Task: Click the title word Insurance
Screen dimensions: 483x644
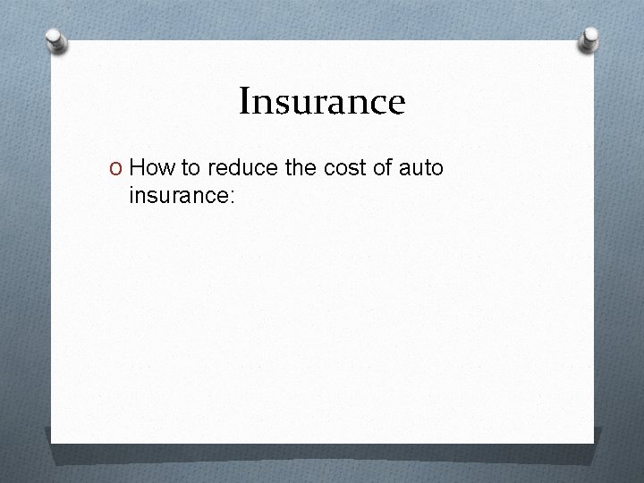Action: point(322,101)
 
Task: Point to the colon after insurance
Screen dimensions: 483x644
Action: point(232,195)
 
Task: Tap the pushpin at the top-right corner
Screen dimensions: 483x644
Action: point(589,38)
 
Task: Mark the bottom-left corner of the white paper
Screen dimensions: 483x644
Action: point(52,442)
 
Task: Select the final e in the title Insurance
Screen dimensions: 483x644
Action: point(397,105)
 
